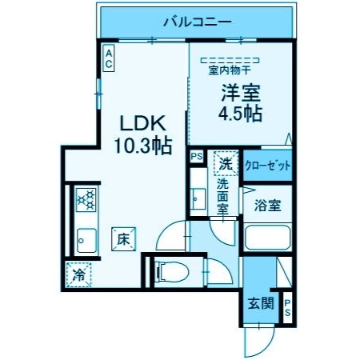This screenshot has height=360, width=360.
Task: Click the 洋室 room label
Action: (238, 92)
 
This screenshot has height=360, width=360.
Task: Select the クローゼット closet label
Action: (267, 166)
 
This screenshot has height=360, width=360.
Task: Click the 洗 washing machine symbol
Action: (226, 163)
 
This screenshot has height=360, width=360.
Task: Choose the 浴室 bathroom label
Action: (267, 206)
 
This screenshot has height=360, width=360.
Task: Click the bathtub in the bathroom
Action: (267, 238)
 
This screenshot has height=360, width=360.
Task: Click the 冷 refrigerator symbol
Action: (79, 274)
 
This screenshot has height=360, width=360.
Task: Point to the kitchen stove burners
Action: (86, 199)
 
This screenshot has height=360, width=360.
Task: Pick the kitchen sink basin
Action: (86, 238)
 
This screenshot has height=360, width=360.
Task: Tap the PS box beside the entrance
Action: (286, 307)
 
